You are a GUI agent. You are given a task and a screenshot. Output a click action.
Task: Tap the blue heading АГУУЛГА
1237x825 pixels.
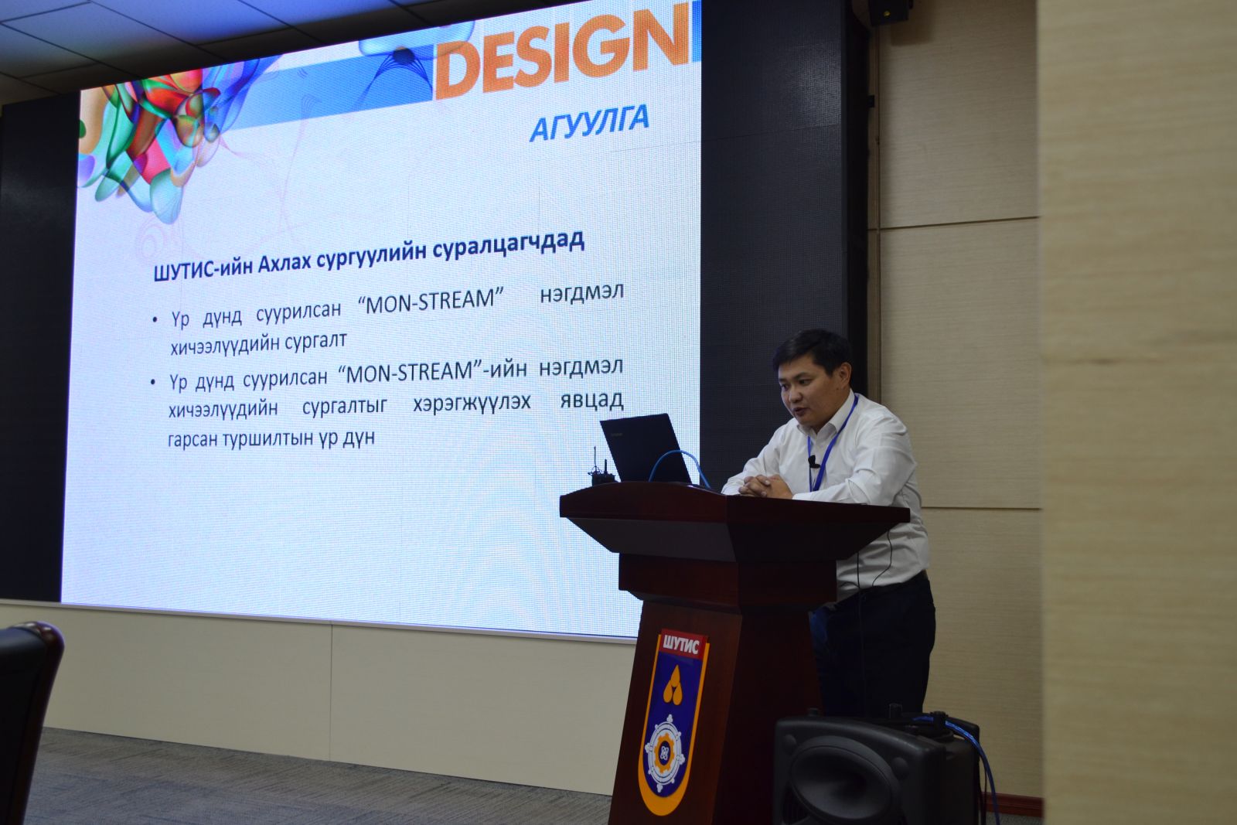[x=589, y=123]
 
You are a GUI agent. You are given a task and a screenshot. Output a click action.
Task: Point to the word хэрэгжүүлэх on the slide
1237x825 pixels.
[x=472, y=403]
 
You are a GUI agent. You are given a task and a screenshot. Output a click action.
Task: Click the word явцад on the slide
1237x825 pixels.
[x=592, y=400]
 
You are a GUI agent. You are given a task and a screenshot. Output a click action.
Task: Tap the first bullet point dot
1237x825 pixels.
[x=155, y=320]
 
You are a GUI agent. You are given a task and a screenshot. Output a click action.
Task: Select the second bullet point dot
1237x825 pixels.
[x=153, y=383]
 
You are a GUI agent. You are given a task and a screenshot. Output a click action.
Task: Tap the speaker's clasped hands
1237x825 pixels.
[x=765, y=486]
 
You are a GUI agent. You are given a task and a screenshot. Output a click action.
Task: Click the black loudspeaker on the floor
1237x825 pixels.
[x=874, y=770]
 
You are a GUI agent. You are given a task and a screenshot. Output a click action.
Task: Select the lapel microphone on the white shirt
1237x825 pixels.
[x=813, y=461]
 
